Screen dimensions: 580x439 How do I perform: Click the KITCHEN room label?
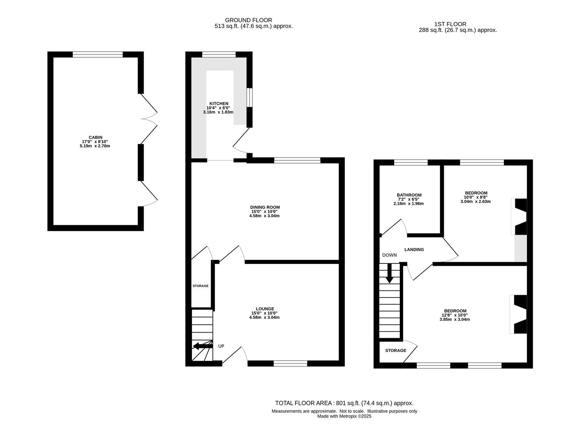(x=219, y=104)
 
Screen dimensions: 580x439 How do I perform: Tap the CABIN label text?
(x=96, y=137)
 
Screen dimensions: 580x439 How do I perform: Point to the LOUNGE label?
(x=265, y=309)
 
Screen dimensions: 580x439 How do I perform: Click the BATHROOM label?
(x=409, y=195)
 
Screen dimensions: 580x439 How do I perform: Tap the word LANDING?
(x=414, y=250)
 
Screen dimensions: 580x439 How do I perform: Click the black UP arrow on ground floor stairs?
(x=203, y=346)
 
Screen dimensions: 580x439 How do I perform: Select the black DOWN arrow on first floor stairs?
(x=389, y=273)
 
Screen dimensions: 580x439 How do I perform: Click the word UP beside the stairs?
(x=221, y=346)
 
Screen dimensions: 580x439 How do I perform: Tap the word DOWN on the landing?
(x=390, y=255)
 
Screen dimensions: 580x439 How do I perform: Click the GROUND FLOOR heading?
(x=249, y=20)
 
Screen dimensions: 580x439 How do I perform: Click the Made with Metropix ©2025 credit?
(x=344, y=416)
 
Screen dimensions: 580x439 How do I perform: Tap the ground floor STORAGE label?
(x=200, y=286)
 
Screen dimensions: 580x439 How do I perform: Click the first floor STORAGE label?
(x=396, y=350)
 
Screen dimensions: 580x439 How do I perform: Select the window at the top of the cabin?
(x=98, y=54)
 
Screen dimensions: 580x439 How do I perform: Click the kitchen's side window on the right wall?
(x=249, y=98)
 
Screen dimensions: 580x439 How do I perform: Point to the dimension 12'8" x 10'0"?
(x=454, y=315)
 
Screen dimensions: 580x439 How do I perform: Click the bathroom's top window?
(x=411, y=162)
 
